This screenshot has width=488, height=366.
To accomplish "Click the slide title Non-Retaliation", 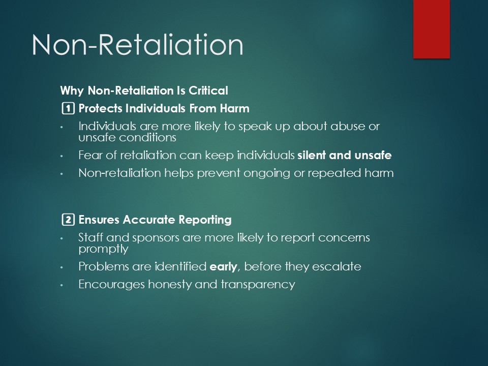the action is [x=137, y=45].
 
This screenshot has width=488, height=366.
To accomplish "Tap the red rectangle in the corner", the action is [x=432, y=29].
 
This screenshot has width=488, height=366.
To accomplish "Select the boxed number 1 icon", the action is [x=68, y=108].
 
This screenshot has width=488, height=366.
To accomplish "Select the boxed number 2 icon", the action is [x=68, y=220].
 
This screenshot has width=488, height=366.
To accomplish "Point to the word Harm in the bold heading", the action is [x=235, y=108].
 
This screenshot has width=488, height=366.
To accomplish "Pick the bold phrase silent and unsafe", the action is [x=345, y=155].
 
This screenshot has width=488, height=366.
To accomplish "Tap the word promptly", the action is [x=103, y=249].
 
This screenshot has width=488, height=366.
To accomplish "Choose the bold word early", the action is [x=224, y=267].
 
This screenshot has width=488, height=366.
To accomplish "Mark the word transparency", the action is [x=258, y=285].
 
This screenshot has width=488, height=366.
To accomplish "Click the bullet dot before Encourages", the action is [x=62, y=285].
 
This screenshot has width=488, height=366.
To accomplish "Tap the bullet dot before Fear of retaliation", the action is [x=62, y=156].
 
